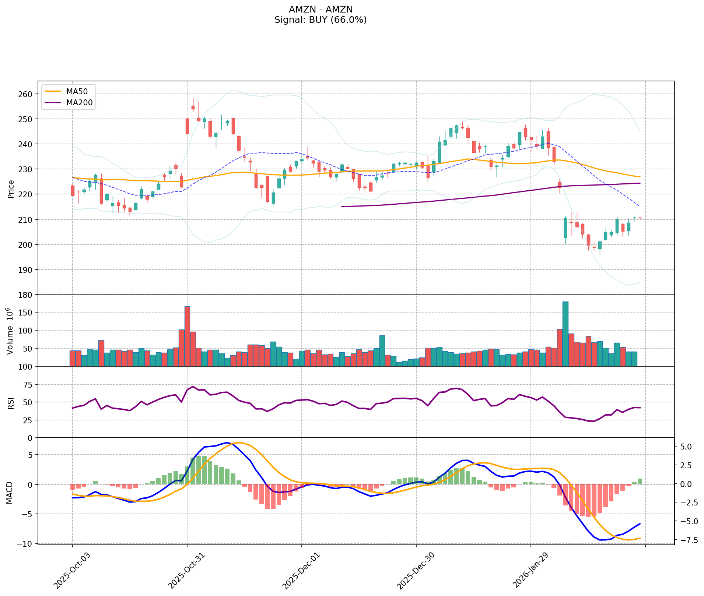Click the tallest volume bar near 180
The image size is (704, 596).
pos(565,334)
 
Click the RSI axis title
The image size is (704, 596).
pos(11,402)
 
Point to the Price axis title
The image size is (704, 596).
pos(11,189)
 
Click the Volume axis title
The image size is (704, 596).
pos(11,331)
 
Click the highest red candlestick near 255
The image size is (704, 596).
pos(193,107)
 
